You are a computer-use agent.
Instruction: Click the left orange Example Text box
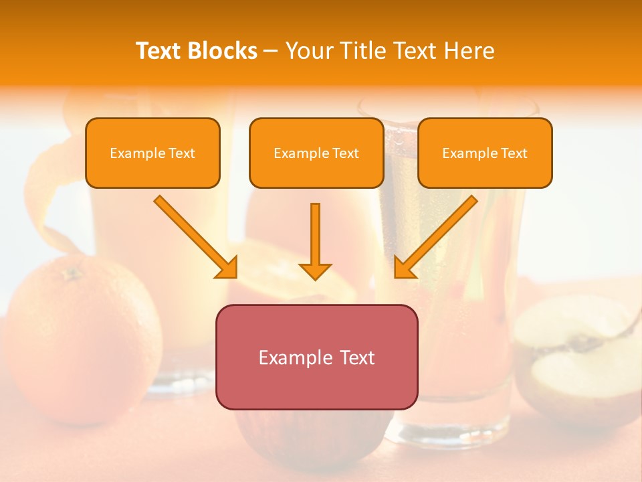pyautogui.click(x=152, y=153)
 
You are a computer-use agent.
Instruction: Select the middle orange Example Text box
pyautogui.click(x=316, y=153)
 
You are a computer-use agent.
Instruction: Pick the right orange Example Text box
pyautogui.click(x=485, y=153)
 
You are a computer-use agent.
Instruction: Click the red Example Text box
pyautogui.click(x=316, y=357)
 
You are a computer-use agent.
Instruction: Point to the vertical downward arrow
pyautogui.click(x=315, y=238)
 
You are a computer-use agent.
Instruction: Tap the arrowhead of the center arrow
pyautogui.click(x=315, y=271)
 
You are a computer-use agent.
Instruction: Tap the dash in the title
pyautogui.click(x=271, y=52)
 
